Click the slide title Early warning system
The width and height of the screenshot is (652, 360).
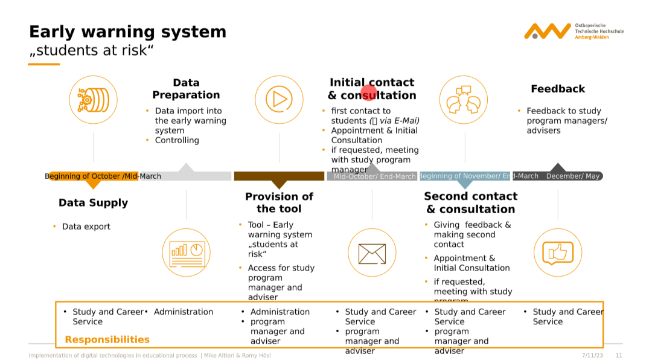coord(127,32)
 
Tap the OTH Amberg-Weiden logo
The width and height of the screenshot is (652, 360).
coord(574,31)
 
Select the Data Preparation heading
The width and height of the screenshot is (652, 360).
coord(186,89)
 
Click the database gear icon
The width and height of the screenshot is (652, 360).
coord(93,100)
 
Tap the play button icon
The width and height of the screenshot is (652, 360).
coord(279,100)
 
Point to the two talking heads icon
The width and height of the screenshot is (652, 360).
coord(464,100)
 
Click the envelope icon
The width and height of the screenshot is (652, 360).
coord(372,253)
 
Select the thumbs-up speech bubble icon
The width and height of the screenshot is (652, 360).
coord(558,253)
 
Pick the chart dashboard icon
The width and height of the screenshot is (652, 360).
coord(187,253)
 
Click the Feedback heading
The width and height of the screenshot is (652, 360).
coord(558,89)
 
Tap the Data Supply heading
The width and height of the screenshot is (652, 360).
coord(93,203)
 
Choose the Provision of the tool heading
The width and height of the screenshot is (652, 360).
coord(279,202)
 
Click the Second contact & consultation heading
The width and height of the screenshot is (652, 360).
coord(470,202)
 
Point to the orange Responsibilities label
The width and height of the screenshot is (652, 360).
coord(107,339)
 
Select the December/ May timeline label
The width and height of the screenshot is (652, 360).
coord(572,176)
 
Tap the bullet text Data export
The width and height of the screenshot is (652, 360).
coord(86,227)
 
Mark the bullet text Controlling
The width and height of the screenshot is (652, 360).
coord(177,140)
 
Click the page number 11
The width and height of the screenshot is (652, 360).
coord(619,356)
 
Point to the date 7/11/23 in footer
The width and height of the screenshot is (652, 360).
coord(592,356)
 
